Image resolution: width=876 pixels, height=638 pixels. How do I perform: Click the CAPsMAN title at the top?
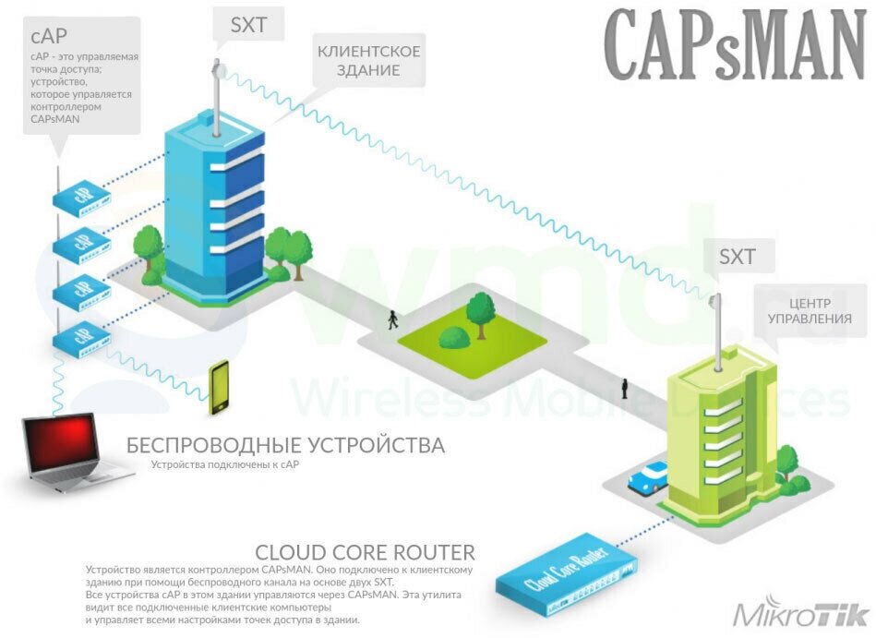coord(734,46)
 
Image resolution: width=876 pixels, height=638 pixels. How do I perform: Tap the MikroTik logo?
coord(800,614)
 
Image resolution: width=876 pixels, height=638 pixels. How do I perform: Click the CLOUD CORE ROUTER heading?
coord(365,553)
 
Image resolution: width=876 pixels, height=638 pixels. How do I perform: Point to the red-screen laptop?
coord(73,451)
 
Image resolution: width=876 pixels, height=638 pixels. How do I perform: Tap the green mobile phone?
coord(219,387)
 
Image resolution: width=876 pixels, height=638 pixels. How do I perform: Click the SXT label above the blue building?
coord(248,25)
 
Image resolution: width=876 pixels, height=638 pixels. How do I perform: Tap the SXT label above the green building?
coord(737,257)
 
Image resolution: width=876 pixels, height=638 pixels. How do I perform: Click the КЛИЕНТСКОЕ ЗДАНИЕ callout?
coord(369,60)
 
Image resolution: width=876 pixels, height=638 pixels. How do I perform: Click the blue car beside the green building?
coord(649,476)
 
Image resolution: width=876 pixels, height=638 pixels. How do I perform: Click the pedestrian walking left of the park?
coord(393,319)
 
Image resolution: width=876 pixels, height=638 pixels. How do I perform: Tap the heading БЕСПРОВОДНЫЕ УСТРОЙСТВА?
coord(285,446)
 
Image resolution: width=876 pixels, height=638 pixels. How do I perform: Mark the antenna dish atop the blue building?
coord(220,68)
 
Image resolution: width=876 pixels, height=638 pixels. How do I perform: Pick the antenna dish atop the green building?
coord(714,299)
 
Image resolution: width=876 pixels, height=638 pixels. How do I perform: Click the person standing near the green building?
coord(625,387)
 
